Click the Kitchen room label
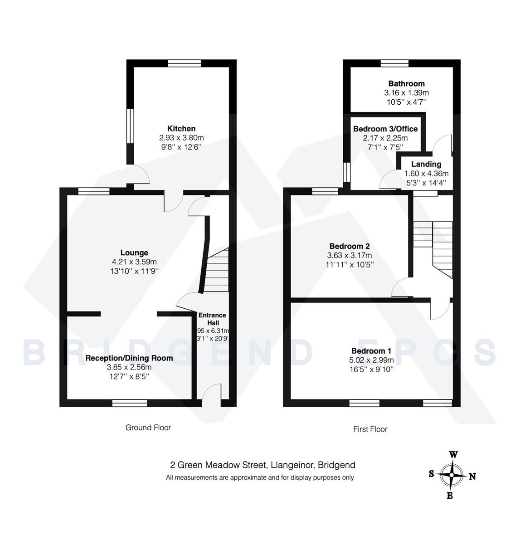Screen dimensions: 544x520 click(181, 129)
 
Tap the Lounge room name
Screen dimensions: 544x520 click(134, 253)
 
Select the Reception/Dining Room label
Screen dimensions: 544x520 click(129, 358)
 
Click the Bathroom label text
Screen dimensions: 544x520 click(406, 83)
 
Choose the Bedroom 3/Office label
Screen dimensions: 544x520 click(385, 129)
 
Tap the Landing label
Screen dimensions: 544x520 click(426, 164)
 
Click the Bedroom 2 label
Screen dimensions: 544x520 click(347, 246)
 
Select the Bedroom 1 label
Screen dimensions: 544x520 click(371, 351)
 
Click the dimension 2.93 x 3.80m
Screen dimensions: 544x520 click(181, 138)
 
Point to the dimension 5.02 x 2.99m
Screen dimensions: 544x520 click(371, 360)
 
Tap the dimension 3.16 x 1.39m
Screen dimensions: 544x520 click(406, 92)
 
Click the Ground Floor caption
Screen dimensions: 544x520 click(148, 427)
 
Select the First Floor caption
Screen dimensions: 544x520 click(370, 429)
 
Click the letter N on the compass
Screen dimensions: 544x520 click(472, 476)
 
